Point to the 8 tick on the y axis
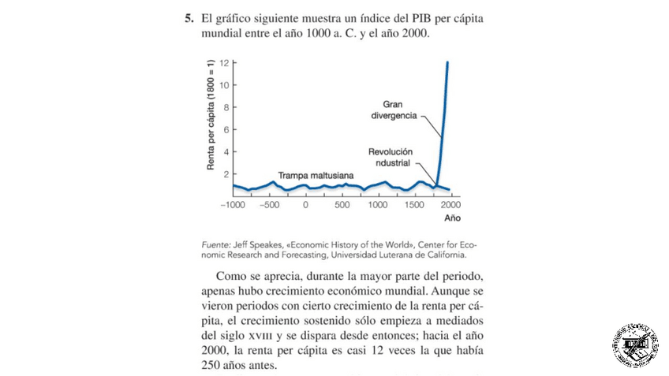226,107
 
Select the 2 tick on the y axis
226,173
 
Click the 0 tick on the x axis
306,205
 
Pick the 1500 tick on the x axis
415,205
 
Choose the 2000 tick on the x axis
451,205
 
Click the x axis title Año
452,218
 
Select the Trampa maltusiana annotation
315,174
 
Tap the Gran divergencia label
400,110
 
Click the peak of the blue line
447,62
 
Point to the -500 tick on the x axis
269,205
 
